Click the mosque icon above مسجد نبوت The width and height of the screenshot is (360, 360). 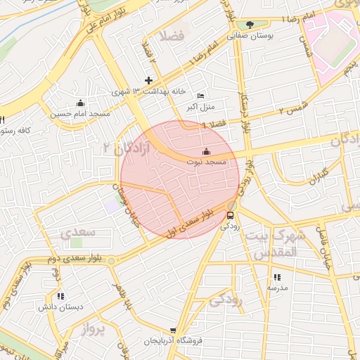pos(206,151)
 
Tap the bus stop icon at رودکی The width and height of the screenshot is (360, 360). pos(231,214)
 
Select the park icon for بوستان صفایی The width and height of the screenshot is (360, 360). pos(250,25)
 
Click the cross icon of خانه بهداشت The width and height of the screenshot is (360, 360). pos(148,80)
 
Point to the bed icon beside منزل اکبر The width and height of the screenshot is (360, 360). pos(201,96)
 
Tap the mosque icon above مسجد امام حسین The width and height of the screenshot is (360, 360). pos(80,103)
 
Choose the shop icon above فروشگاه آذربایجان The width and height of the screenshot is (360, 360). pos(173,330)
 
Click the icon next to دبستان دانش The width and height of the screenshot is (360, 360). pos(60,296)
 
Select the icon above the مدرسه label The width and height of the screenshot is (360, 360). pos(276,277)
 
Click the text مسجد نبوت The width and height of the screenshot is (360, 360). pos(207,162)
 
